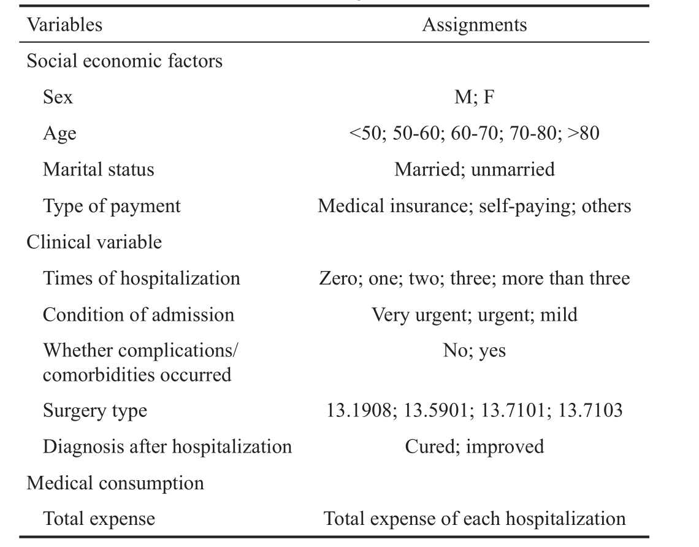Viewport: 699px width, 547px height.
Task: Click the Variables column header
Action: (64, 25)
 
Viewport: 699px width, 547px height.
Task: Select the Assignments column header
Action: (475, 25)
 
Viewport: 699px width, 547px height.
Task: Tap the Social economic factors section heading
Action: (124, 61)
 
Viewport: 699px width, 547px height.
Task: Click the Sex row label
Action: (58, 97)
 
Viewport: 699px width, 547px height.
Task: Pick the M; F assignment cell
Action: (475, 97)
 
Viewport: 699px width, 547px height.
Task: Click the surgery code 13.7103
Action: (590, 410)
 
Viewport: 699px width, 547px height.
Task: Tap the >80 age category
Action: (584, 133)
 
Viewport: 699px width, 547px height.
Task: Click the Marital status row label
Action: (99, 169)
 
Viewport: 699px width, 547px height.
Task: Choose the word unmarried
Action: (513, 169)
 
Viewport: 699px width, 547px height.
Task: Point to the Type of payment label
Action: (112, 206)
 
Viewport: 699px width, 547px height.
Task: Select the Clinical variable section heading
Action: (94, 242)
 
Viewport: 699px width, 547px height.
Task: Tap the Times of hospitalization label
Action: (141, 278)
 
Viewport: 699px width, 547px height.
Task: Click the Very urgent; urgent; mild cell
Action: (475, 315)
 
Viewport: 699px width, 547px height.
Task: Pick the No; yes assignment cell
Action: (475, 351)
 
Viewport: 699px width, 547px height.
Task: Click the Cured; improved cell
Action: (475, 446)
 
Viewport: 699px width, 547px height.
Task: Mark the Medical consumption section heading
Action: (115, 483)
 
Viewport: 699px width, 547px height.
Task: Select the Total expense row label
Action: (99, 519)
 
